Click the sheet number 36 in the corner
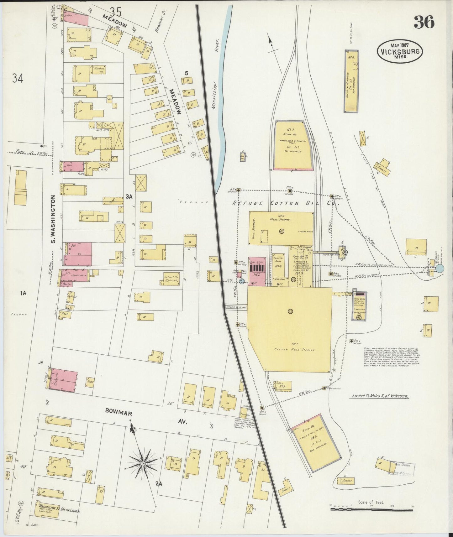pyautogui.click(x=424, y=22)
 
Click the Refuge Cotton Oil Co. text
pyautogui.click(x=286, y=203)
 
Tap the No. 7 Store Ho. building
pyautogui.click(x=292, y=145)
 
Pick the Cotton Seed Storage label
pyautogui.click(x=289, y=349)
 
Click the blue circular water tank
pyautogui.click(x=440, y=268)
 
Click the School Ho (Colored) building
pyautogui.click(x=171, y=278)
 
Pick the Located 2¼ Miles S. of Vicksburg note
pyautogui.click(x=379, y=396)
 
